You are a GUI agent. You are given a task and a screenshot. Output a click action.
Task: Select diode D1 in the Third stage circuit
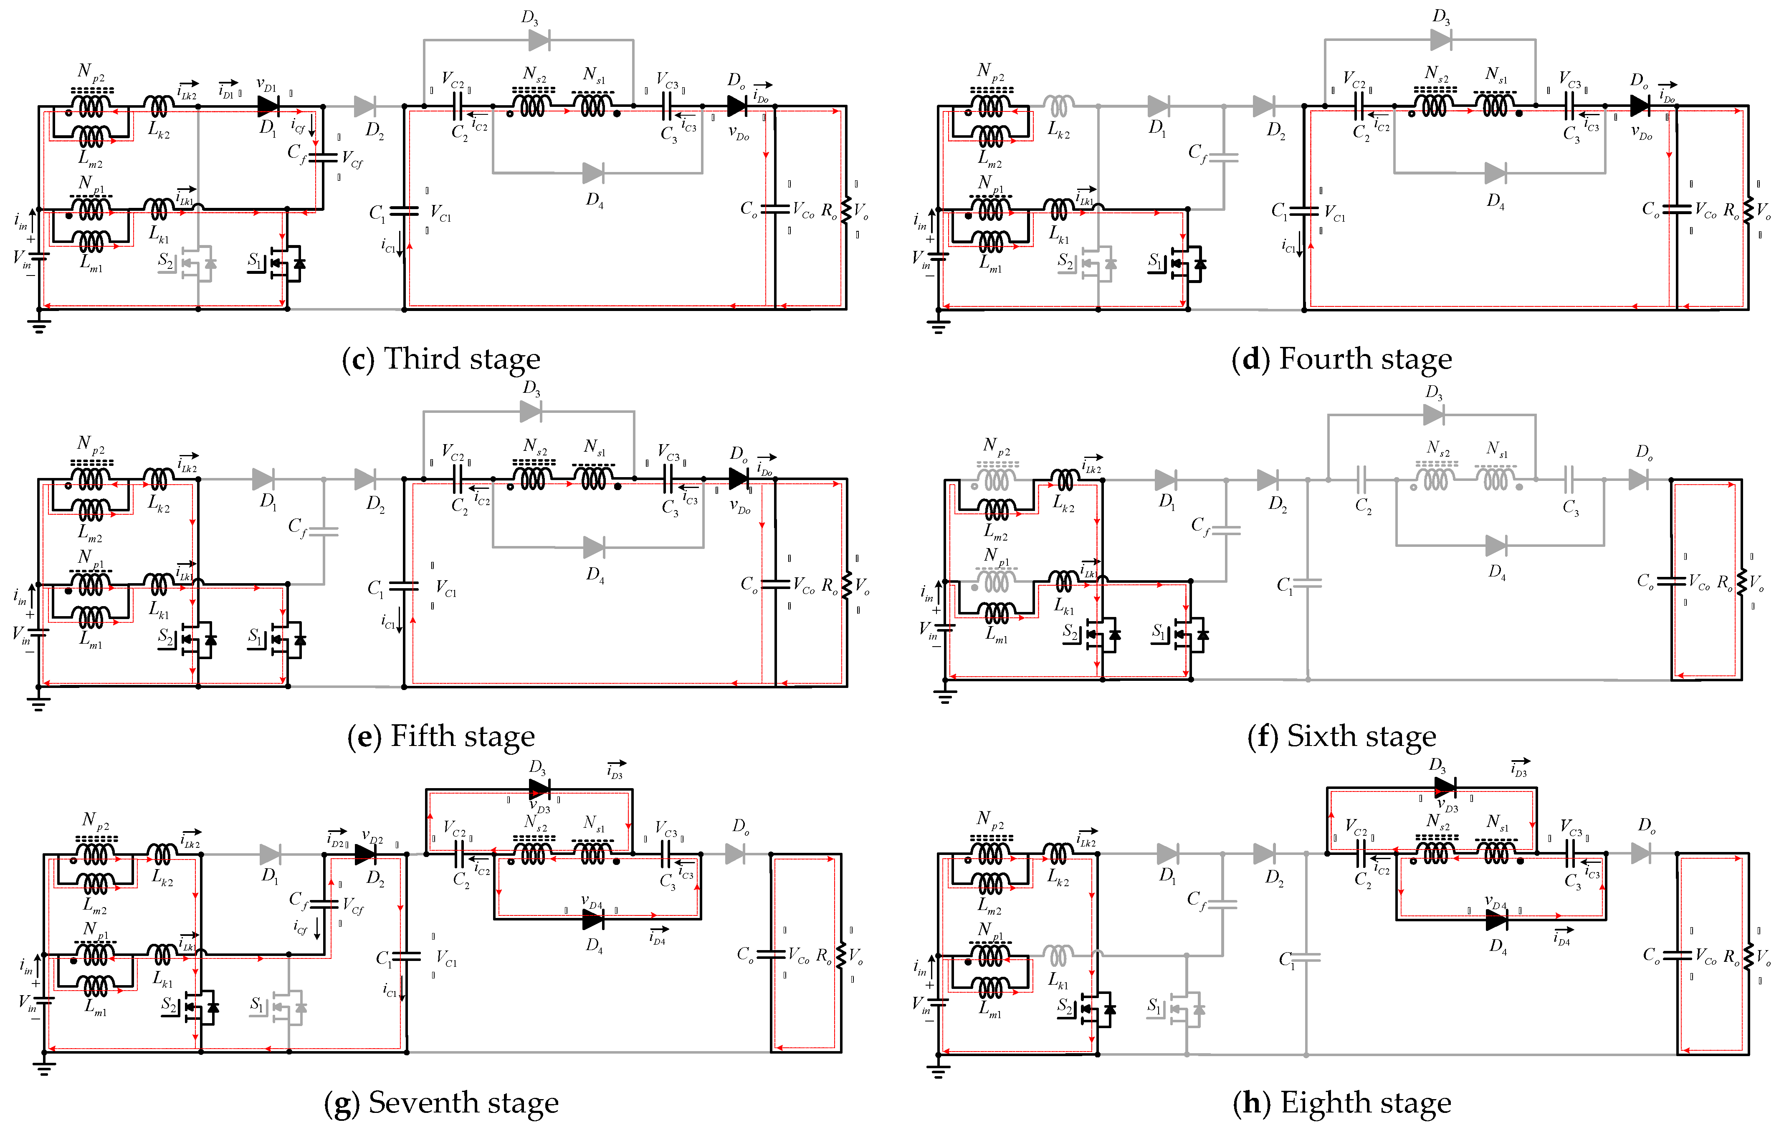268,106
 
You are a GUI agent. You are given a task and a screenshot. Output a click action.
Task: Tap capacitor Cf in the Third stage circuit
322,157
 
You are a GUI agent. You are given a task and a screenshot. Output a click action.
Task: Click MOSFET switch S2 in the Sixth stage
1102,635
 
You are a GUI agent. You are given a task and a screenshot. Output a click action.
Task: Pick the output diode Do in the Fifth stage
738,478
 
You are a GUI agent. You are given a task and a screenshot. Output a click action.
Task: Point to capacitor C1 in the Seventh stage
405,956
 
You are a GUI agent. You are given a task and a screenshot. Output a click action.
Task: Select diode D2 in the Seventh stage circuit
365,854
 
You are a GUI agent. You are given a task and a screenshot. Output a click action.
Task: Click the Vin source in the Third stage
38,257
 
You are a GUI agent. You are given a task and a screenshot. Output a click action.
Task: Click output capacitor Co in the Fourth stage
1676,210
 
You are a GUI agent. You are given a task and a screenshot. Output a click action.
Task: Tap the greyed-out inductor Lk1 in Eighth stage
1060,956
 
